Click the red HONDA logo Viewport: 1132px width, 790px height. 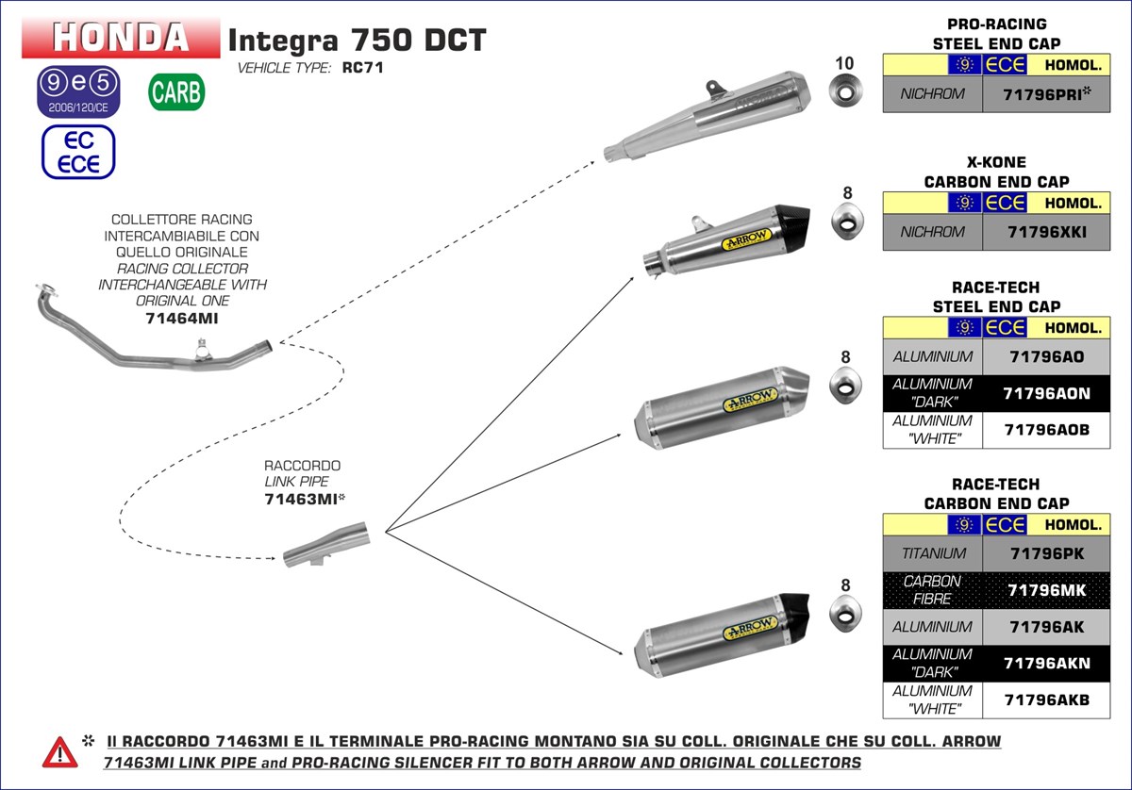pyautogui.click(x=120, y=38)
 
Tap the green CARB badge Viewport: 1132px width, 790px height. pyautogui.click(x=175, y=92)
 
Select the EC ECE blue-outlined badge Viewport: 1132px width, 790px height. pyautogui.click(x=78, y=153)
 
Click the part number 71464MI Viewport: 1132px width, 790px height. pyautogui.click(x=182, y=318)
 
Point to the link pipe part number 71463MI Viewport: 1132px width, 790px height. pyautogui.click(x=301, y=500)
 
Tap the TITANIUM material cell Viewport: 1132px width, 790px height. pyautogui.click(x=933, y=553)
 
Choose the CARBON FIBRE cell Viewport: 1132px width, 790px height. pyautogui.click(x=933, y=590)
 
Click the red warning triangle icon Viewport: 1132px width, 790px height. pyautogui.click(x=59, y=751)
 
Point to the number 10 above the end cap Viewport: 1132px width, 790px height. pyautogui.click(x=844, y=63)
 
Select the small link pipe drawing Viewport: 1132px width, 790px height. pyautogui.click(x=326, y=547)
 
